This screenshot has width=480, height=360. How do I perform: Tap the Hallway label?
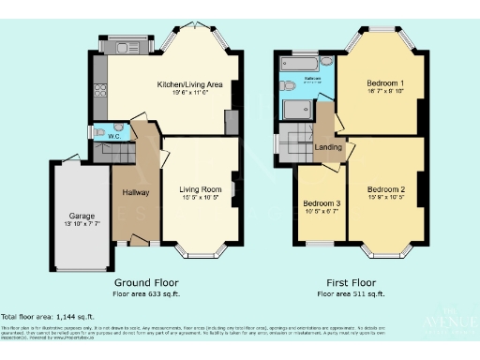click(x=137, y=192)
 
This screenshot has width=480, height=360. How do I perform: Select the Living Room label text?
click(x=200, y=188)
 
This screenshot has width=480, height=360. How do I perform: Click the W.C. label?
click(x=113, y=138)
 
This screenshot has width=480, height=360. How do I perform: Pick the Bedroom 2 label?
click(x=386, y=188)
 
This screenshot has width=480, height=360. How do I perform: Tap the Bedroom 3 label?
click(x=321, y=203)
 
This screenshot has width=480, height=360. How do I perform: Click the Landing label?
click(x=328, y=147)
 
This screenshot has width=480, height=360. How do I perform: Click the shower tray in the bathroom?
click(x=297, y=112)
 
